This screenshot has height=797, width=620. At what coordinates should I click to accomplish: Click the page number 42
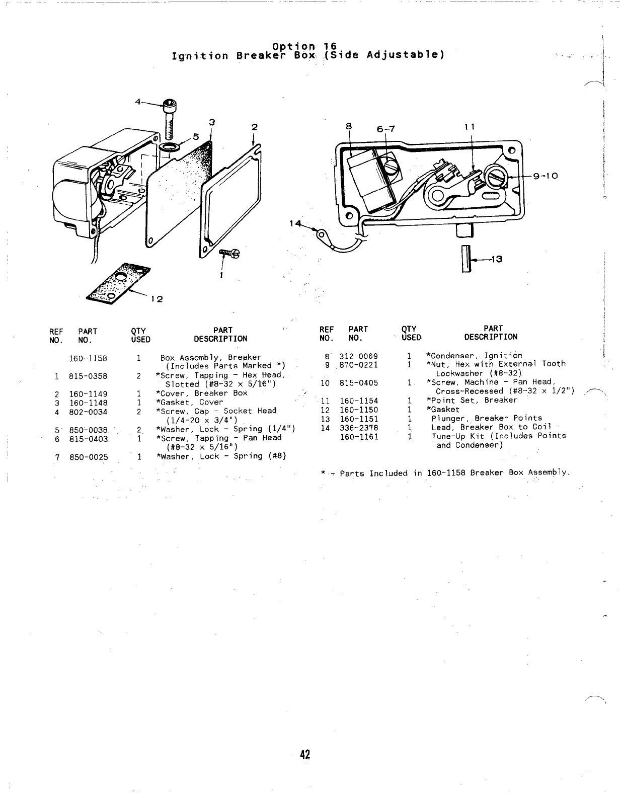[305, 754]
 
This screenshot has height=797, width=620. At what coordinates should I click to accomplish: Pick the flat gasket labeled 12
[118, 283]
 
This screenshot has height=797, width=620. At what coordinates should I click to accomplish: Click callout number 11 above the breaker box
[470, 127]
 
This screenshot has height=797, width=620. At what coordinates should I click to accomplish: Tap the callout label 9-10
[544, 176]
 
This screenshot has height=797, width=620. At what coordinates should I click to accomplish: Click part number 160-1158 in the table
[88, 358]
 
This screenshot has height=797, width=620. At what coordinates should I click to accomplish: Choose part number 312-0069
[358, 356]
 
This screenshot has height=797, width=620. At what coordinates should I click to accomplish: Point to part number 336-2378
[358, 428]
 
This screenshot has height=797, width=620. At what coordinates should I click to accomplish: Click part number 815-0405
[358, 383]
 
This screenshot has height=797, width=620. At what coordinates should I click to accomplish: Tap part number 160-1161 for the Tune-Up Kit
[358, 437]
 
